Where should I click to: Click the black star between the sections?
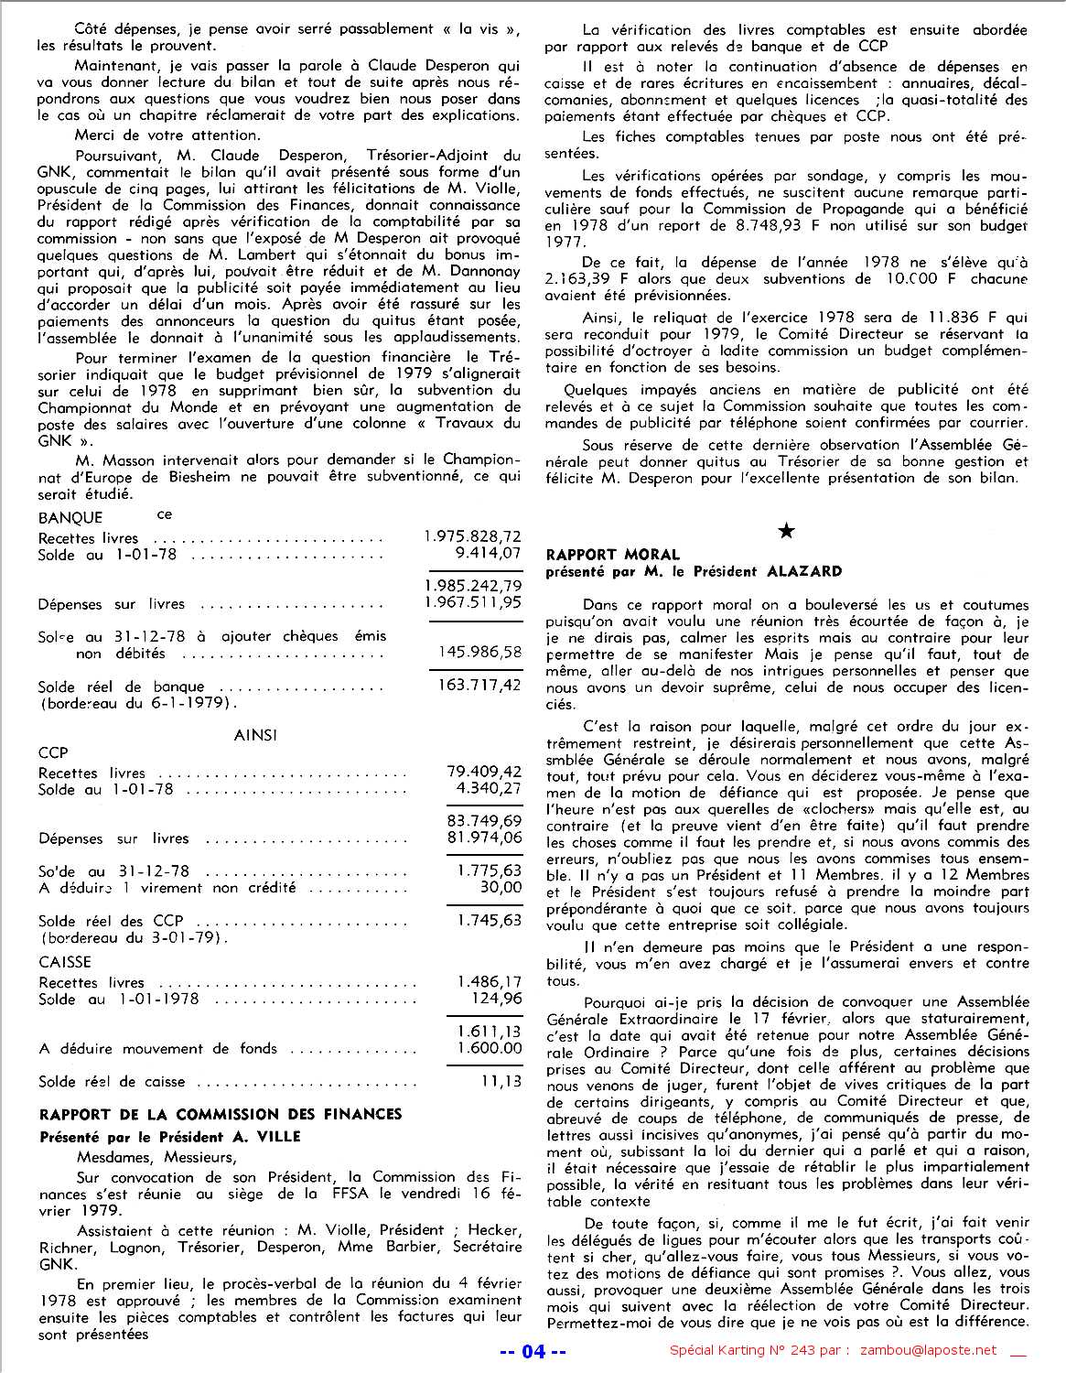click(785, 531)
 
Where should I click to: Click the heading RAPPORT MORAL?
click(612, 555)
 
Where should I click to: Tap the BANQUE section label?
click(70, 518)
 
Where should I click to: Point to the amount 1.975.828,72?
click(473, 537)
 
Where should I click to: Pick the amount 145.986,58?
click(480, 652)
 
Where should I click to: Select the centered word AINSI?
click(255, 734)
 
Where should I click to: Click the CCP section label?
click(53, 752)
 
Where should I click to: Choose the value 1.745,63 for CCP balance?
click(489, 919)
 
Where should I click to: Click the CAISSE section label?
click(64, 962)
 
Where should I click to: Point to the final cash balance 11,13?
click(501, 1080)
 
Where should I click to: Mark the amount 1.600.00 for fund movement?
click(489, 1048)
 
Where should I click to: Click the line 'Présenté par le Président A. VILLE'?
click(169, 1136)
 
